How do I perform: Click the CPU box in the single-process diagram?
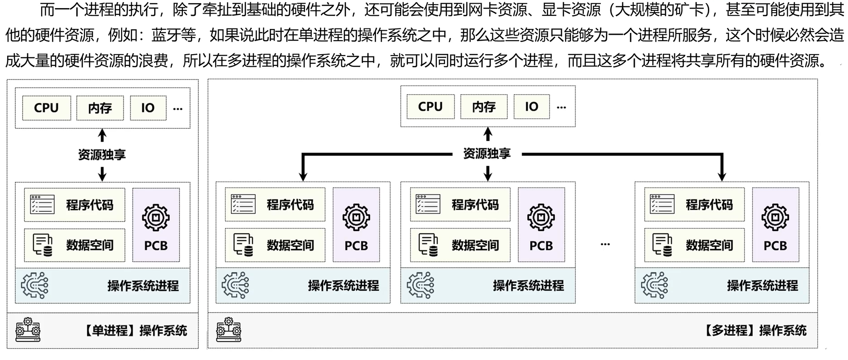(47, 108)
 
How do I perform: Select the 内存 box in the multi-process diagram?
(484, 107)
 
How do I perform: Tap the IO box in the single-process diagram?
(148, 108)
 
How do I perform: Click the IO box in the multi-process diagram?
(531, 107)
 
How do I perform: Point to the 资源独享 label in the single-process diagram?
(102, 154)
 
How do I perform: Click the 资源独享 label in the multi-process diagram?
(487, 154)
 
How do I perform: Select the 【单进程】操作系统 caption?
(135, 331)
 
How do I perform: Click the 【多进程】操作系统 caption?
(754, 331)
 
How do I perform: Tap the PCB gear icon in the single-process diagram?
(156, 218)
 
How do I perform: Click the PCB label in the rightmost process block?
(775, 246)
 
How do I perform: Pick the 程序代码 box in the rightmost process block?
(694, 205)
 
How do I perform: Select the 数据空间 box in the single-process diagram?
(75, 245)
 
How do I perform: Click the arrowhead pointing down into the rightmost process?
(722, 176)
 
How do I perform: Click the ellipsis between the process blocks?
(605, 244)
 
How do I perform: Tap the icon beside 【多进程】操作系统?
(229, 330)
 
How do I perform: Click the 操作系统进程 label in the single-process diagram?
(143, 286)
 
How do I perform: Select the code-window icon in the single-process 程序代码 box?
(42, 205)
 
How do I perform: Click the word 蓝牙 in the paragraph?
(166, 35)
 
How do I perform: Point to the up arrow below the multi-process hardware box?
(487, 134)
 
